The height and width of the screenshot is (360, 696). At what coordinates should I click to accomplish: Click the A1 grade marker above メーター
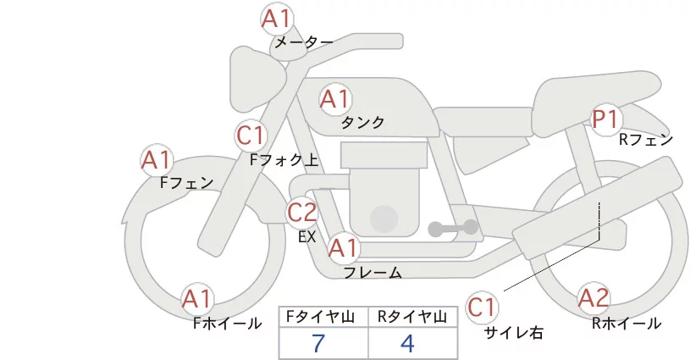pyautogui.click(x=276, y=19)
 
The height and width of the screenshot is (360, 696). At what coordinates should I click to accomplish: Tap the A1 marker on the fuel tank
pyautogui.click(x=334, y=99)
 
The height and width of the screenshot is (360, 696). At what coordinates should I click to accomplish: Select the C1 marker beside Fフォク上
pyautogui.click(x=251, y=136)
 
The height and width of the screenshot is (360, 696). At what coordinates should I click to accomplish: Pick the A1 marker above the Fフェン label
pyautogui.click(x=157, y=160)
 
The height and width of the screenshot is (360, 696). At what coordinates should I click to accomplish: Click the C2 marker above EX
pyautogui.click(x=301, y=212)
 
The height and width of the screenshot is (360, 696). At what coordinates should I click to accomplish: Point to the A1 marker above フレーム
pyautogui.click(x=344, y=247)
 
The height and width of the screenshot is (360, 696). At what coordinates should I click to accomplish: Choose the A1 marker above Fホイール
pyautogui.click(x=197, y=299)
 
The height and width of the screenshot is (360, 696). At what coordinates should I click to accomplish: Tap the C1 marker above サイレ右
pyautogui.click(x=482, y=307)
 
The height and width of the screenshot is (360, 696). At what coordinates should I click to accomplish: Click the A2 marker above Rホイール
pyautogui.click(x=594, y=298)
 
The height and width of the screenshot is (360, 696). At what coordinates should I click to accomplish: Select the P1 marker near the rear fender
pyautogui.click(x=606, y=119)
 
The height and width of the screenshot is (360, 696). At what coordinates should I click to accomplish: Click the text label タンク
pyautogui.click(x=362, y=122)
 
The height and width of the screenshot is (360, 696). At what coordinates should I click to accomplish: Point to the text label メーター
pyautogui.click(x=304, y=42)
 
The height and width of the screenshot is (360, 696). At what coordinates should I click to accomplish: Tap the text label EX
pyautogui.click(x=307, y=237)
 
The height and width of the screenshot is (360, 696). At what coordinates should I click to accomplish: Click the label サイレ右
pyautogui.click(x=514, y=333)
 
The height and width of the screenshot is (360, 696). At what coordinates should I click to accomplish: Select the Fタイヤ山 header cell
pyautogui.click(x=323, y=317)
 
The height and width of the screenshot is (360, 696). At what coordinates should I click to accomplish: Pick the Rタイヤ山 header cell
pyautogui.click(x=413, y=317)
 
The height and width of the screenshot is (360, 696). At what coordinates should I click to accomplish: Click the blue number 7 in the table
pyautogui.click(x=318, y=343)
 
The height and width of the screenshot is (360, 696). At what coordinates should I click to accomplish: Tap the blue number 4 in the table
pyautogui.click(x=407, y=343)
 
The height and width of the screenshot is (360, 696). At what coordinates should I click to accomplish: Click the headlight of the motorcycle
pyautogui.click(x=258, y=79)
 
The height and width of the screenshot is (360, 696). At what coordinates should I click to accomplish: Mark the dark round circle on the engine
pyautogui.click(x=384, y=219)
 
